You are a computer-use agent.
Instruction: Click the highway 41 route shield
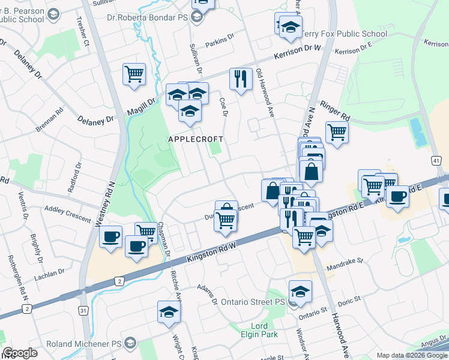[x=436, y=161]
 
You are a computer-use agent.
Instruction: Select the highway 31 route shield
[x=83, y=310]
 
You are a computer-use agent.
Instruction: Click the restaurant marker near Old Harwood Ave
[x=241, y=79]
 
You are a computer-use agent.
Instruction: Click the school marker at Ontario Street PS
[x=300, y=292]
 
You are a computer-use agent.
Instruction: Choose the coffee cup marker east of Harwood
[x=397, y=197]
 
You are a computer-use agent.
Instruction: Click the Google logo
[x=20, y=353]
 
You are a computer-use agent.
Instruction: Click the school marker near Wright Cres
[x=169, y=312]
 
